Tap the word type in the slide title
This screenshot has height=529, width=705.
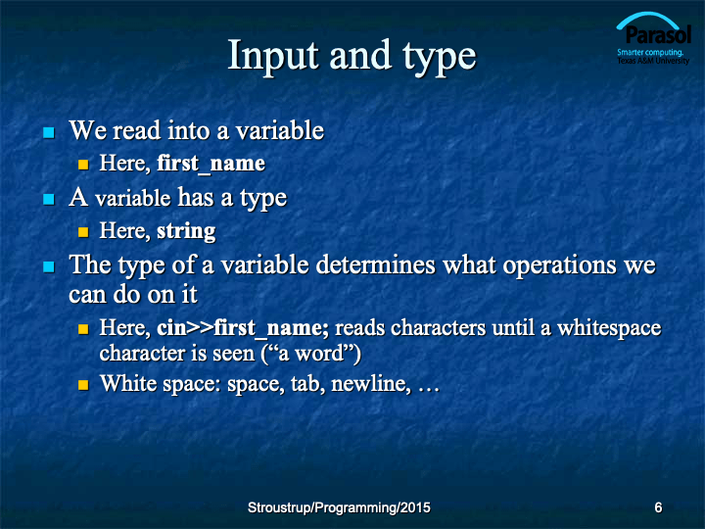point(440,59)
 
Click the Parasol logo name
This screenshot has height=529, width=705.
point(658,35)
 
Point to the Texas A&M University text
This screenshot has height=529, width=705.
point(653,61)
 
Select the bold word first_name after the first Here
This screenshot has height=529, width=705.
point(211,164)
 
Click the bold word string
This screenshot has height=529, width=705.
point(186,231)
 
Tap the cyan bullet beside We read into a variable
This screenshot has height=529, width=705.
point(49,132)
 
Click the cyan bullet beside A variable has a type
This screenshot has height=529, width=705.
point(49,199)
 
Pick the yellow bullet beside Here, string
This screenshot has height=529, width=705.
point(83,232)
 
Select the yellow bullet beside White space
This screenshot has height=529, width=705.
point(83,385)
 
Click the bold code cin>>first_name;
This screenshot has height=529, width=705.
point(243,328)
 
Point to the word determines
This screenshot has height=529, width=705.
point(375,264)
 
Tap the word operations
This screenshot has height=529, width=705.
point(559,265)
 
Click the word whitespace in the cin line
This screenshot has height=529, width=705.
point(609,328)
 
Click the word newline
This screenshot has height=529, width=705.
point(371,384)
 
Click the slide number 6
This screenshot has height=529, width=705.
point(658,507)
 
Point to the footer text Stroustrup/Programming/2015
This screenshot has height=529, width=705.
point(339,507)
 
